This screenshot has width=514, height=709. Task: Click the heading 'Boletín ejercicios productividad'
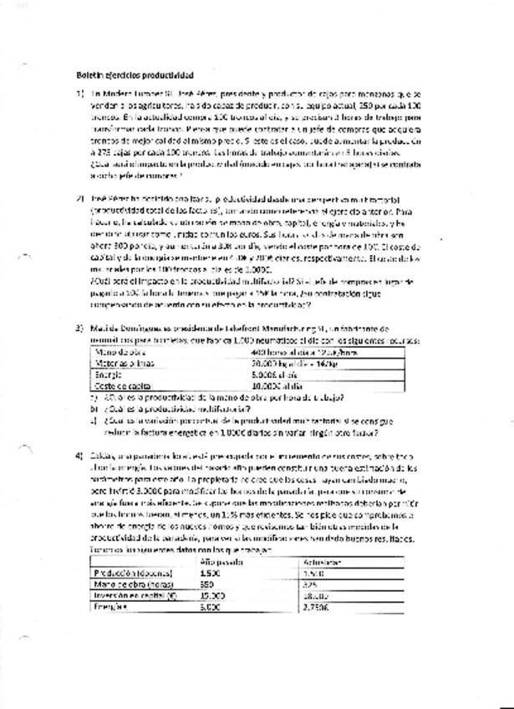pos(134,74)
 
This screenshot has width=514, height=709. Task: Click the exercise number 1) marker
pos(80,94)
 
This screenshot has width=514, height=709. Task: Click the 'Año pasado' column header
pos(221,562)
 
